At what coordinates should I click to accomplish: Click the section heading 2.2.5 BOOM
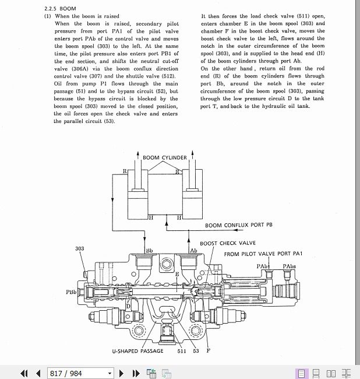(60, 9)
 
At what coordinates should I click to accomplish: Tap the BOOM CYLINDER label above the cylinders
(165, 157)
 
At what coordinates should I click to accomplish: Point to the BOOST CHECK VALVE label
(227, 243)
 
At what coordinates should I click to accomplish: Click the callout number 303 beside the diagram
(80, 249)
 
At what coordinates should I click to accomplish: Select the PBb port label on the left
(70, 292)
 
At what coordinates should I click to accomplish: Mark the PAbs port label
(290, 266)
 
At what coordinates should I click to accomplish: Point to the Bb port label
(149, 250)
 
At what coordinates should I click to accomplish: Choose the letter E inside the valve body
(177, 273)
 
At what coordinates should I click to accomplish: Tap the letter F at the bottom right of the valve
(208, 351)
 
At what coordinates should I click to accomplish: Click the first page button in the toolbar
(24, 373)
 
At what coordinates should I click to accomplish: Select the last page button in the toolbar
(136, 373)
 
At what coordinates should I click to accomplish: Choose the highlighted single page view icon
(302, 373)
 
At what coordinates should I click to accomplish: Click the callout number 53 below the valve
(196, 351)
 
